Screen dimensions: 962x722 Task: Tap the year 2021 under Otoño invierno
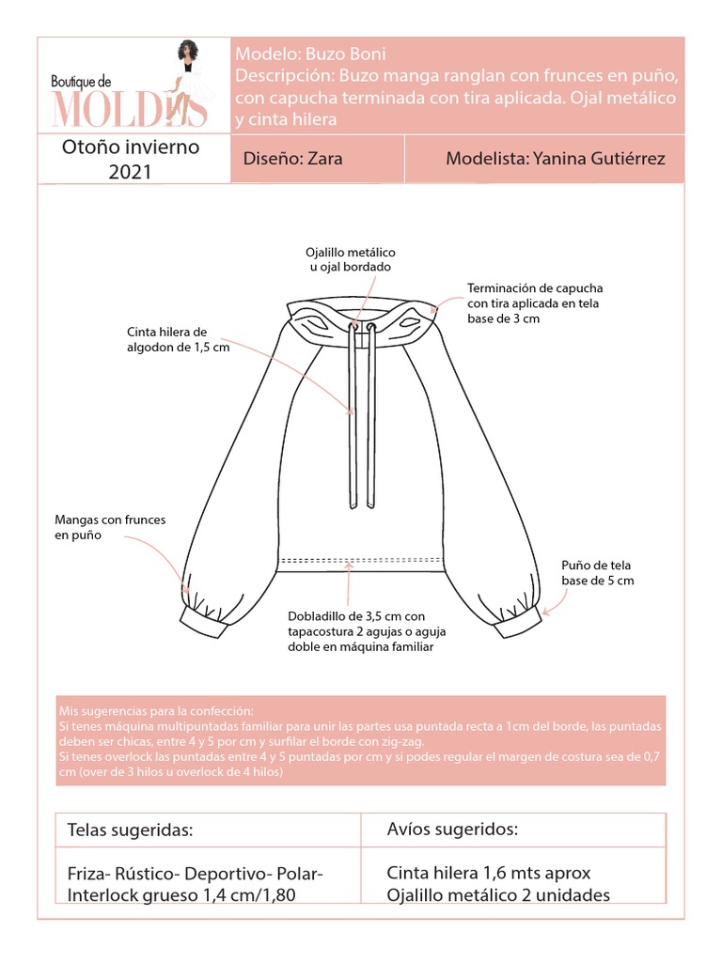click(131, 171)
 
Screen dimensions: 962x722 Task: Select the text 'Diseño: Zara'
click(292, 159)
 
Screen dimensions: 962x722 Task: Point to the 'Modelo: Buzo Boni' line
click(310, 54)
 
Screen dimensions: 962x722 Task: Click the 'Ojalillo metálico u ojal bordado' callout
click(351, 260)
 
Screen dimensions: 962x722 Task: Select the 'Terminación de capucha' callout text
click(535, 303)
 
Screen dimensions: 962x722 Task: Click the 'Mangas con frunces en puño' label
click(104, 526)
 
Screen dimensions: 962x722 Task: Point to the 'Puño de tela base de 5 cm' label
click(598, 573)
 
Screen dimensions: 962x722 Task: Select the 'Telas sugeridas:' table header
click(131, 830)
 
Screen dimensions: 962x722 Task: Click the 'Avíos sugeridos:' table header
click(452, 830)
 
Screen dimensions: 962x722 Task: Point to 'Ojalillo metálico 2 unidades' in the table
click(498, 894)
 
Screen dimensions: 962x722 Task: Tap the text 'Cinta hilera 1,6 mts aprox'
click(489, 873)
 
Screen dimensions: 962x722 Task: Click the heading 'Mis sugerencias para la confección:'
click(156, 710)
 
